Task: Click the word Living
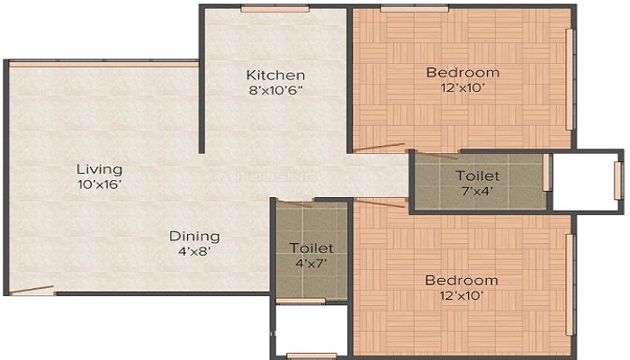(x=99, y=169)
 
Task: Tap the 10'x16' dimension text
(x=100, y=184)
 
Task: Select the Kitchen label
(x=275, y=75)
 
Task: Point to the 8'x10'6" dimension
(x=275, y=90)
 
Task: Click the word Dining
(x=194, y=236)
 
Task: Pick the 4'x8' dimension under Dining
(x=194, y=251)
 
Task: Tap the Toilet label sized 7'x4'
(x=477, y=176)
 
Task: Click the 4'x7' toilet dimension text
(x=310, y=264)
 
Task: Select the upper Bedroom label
(x=463, y=73)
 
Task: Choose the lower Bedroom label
(x=461, y=281)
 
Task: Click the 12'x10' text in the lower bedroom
(x=461, y=296)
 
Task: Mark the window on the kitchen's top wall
(x=274, y=8)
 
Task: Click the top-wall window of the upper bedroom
(x=414, y=8)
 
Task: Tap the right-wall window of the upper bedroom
(x=570, y=79)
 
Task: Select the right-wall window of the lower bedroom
(x=570, y=285)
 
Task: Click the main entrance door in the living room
(x=31, y=289)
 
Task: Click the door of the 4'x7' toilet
(x=294, y=203)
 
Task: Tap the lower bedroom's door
(x=380, y=203)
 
